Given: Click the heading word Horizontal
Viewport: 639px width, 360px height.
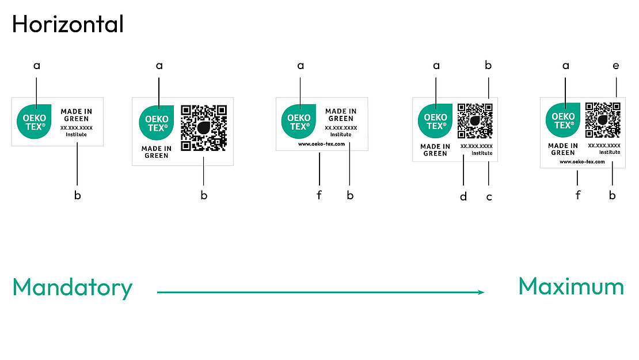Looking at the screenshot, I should point(68,24).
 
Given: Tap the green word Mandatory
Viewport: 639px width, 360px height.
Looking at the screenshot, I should point(73,287).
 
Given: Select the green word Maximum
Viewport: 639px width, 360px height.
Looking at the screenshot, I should point(571,286).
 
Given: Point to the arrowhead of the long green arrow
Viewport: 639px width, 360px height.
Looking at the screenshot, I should point(481,293).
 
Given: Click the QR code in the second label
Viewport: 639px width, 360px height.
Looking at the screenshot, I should point(204,127).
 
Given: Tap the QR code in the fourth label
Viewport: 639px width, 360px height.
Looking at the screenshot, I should point(475,120).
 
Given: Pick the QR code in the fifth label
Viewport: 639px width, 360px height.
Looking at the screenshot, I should point(603,119).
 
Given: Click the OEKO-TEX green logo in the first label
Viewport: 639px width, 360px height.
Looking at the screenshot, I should point(35,122).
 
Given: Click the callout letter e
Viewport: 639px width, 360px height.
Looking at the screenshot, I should point(616,66).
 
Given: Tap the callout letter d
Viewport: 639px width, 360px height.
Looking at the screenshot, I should point(463,197).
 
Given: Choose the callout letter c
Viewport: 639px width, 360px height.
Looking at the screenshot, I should point(489,197).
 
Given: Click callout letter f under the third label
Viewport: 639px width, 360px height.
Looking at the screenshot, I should point(319,195).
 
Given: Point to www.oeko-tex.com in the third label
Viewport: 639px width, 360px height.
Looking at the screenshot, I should point(321,145).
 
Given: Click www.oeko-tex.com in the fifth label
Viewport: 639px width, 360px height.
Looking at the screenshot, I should point(582,162).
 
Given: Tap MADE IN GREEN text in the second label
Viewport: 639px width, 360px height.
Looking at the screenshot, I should point(157,152).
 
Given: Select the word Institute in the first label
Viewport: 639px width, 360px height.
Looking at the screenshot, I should point(76,134).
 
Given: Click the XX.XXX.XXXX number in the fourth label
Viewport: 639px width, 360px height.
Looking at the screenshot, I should point(476,146).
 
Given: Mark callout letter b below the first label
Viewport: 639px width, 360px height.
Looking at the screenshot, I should point(77,195).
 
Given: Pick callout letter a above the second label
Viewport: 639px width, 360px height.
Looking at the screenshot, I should point(159,66).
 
